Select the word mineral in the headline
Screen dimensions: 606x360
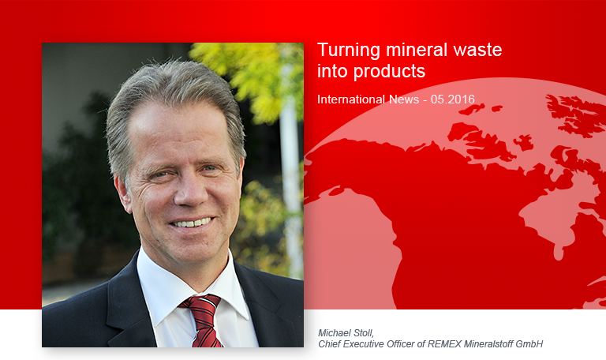click(417, 50)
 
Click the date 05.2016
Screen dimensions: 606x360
click(453, 99)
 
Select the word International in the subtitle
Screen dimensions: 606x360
click(351, 99)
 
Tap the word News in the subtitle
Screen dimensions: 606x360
click(404, 99)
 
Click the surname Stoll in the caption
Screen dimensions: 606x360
click(364, 333)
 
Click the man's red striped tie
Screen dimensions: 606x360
click(204, 320)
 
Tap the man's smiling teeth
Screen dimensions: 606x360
click(192, 223)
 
